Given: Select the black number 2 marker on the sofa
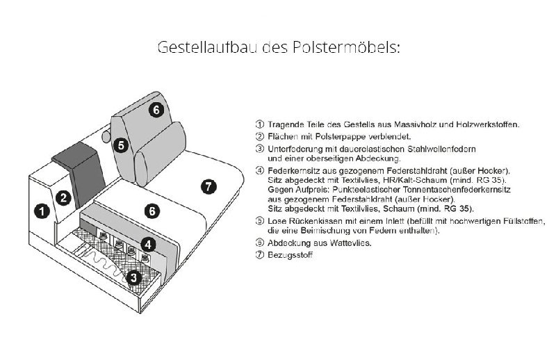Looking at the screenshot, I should coord(64,197).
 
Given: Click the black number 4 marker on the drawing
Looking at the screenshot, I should coord(149,244).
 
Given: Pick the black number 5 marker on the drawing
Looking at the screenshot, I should coord(120,145).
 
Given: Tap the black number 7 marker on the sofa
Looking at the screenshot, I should coord(208,186).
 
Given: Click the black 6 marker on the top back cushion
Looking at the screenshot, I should coord(156,109).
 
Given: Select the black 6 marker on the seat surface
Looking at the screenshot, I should coord(152,211).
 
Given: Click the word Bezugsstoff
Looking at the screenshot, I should coord(290,255).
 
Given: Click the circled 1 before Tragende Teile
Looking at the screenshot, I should coord(260,124).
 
